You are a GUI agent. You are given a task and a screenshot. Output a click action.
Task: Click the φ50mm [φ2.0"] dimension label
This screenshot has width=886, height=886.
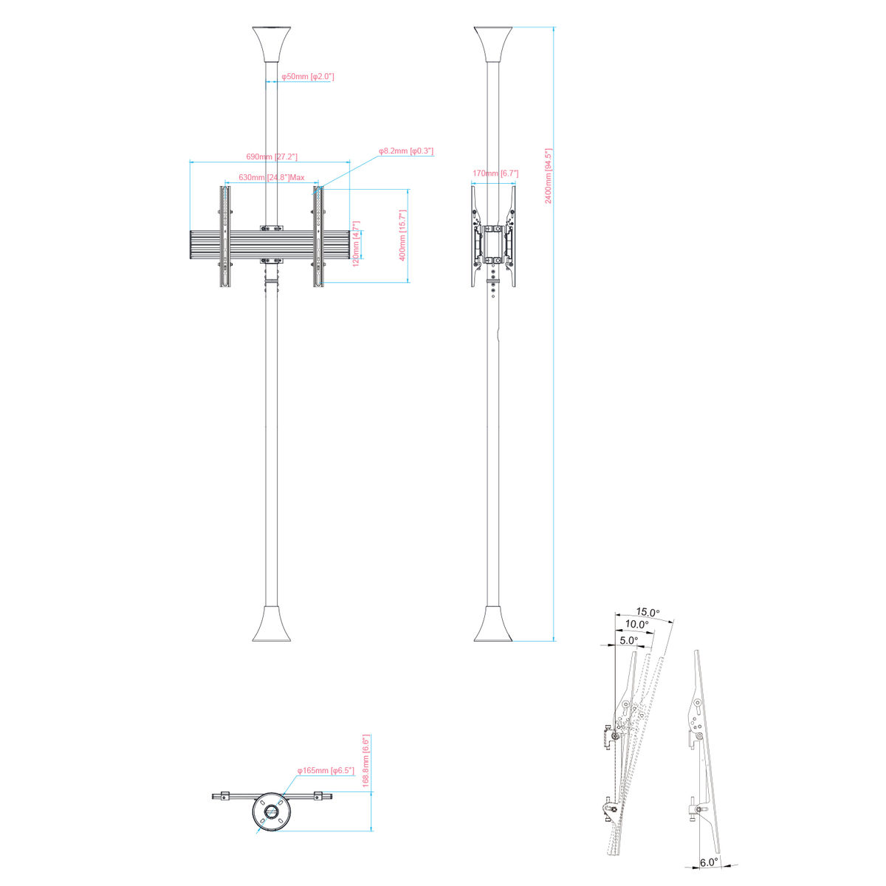point(308,76)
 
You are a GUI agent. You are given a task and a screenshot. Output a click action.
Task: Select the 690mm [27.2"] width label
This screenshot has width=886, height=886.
point(272,157)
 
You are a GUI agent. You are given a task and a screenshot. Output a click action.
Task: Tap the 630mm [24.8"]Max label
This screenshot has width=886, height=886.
point(271,177)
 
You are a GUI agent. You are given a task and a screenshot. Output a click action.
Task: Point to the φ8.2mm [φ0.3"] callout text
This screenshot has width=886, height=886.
point(406,151)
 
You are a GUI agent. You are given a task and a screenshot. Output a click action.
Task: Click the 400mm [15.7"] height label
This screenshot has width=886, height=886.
point(403,236)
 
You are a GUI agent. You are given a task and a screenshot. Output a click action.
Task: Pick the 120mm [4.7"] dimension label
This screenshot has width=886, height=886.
point(355,244)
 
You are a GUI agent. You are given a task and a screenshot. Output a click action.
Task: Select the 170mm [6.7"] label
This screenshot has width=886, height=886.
point(495,174)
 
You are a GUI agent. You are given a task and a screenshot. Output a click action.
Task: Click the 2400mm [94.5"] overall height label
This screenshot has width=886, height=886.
point(548,176)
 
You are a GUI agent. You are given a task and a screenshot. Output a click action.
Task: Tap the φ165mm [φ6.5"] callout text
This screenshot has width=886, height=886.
point(326,770)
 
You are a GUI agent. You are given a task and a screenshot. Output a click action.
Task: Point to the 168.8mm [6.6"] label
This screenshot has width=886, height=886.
point(366,761)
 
